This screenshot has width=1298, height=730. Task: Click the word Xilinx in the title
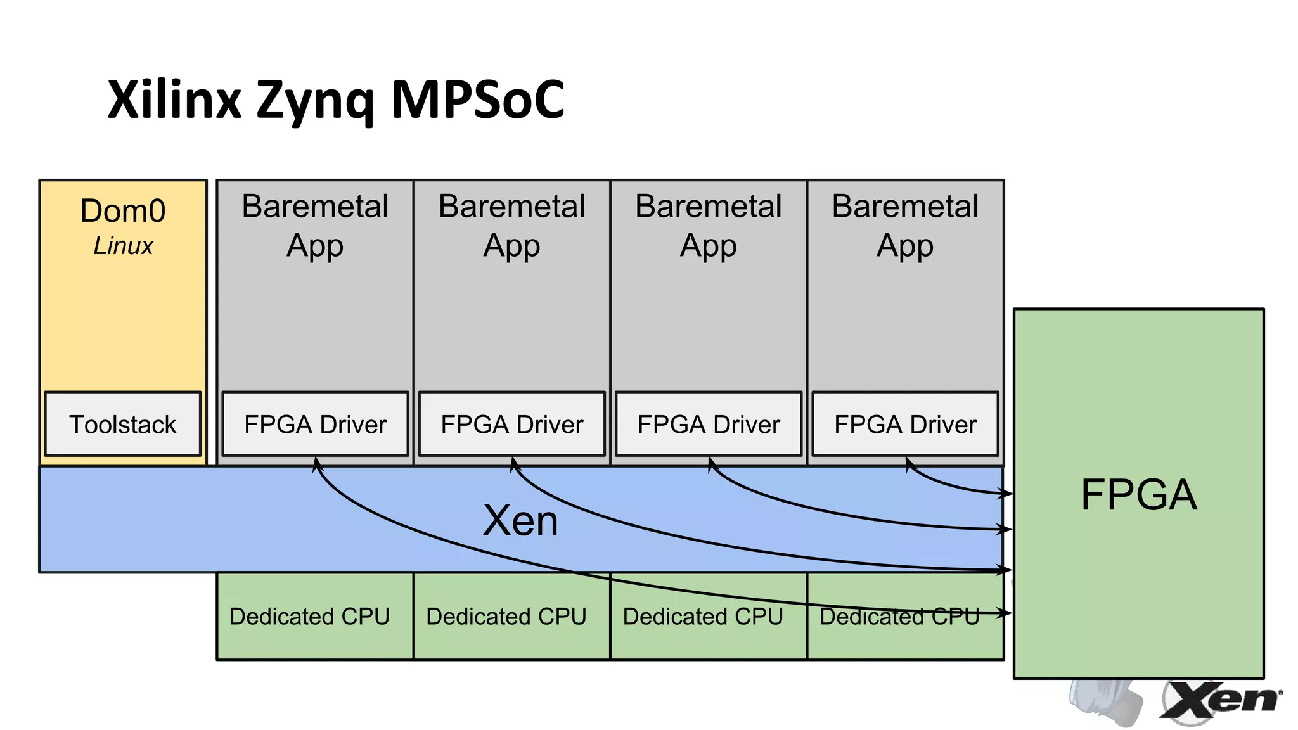click(x=174, y=100)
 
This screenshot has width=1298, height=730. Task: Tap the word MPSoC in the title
click(x=477, y=100)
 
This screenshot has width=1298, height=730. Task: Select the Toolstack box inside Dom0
click(x=123, y=424)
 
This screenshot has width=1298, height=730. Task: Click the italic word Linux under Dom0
click(x=123, y=246)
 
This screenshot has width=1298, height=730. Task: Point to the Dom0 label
click(x=123, y=211)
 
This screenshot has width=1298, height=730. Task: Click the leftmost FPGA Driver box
click(x=315, y=424)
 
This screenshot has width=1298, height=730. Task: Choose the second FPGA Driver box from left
click(x=512, y=424)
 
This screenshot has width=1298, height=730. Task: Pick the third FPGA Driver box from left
click(x=709, y=424)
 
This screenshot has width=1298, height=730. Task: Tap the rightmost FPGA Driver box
click(x=905, y=424)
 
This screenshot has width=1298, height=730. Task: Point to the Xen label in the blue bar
click(x=520, y=521)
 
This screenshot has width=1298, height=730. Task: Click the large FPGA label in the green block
click(x=1138, y=495)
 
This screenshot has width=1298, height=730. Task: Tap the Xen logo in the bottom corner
click(x=1220, y=701)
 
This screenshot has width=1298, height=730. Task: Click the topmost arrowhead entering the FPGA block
click(x=1006, y=492)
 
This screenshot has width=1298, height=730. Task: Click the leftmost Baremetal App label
click(x=315, y=226)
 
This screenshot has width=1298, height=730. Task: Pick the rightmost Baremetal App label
click(x=905, y=226)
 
